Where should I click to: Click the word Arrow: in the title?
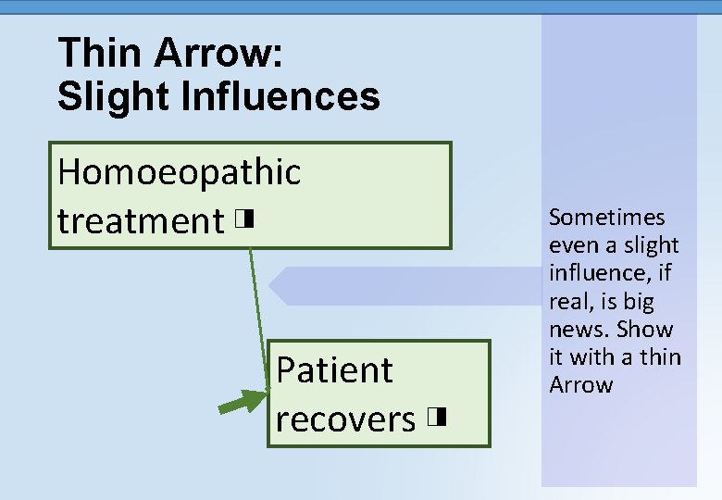click(x=218, y=53)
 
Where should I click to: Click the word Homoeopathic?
click(x=179, y=172)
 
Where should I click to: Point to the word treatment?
click(x=140, y=221)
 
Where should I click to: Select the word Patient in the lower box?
click(x=334, y=370)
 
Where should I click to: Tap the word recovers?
click(x=345, y=419)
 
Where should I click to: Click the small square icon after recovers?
click(x=438, y=418)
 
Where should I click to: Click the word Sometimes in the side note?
click(x=607, y=218)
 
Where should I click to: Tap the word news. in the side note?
click(x=579, y=330)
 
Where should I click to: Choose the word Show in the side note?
click(x=644, y=330)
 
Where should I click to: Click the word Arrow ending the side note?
click(x=581, y=385)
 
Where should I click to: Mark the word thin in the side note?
click(x=659, y=357)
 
